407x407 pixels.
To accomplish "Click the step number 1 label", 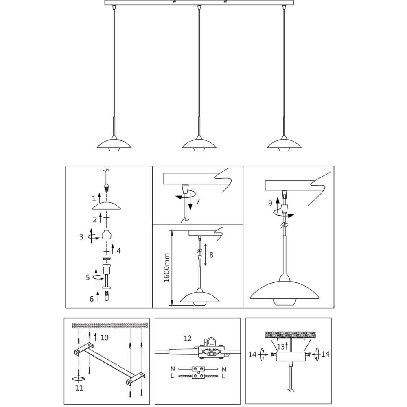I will tap(94, 199).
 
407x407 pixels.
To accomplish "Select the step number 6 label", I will tap(92, 299).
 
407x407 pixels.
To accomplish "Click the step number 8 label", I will tap(210, 254).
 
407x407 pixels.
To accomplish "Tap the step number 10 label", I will tap(105, 337).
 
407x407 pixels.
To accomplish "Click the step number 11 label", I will tap(79, 388).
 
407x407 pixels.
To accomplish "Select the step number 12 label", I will tap(188, 338).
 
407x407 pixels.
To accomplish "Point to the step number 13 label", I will tap(281, 346).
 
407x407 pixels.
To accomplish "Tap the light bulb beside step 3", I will tap(107, 235).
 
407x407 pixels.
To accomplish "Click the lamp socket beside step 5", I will tap(107, 269).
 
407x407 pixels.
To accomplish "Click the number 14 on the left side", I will tap(253, 354).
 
